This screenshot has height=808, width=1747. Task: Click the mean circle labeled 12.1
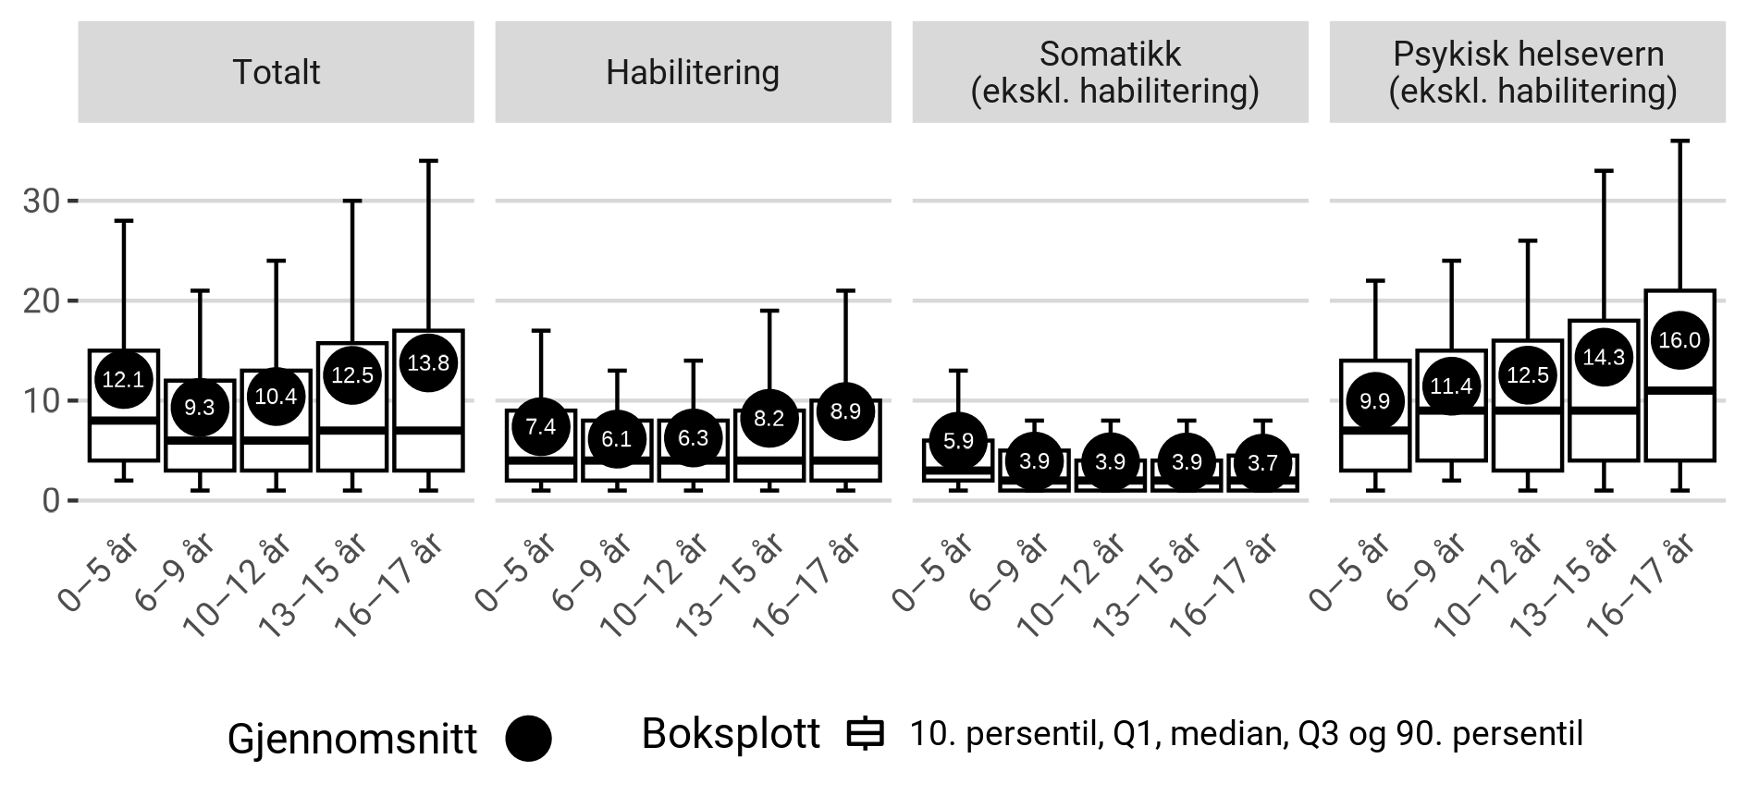123,379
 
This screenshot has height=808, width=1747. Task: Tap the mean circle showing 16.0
1679,340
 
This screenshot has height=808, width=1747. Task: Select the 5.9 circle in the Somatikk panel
958,441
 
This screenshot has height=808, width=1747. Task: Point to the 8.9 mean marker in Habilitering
845,411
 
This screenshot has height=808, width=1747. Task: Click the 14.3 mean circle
1604,358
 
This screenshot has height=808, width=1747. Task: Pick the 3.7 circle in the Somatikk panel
1262,464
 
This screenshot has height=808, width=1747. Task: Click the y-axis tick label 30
42,201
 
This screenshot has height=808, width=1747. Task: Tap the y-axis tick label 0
52,500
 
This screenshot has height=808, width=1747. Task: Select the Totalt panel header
276,72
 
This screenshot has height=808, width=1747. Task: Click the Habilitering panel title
693,72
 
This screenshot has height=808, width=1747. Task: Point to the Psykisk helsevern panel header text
1528,72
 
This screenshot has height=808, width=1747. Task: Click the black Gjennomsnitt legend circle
528,739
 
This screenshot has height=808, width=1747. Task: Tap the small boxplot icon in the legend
866,734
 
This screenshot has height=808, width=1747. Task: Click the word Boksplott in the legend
731,734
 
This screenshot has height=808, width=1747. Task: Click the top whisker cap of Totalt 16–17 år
428,161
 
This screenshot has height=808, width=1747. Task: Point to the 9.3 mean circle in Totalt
200,407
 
